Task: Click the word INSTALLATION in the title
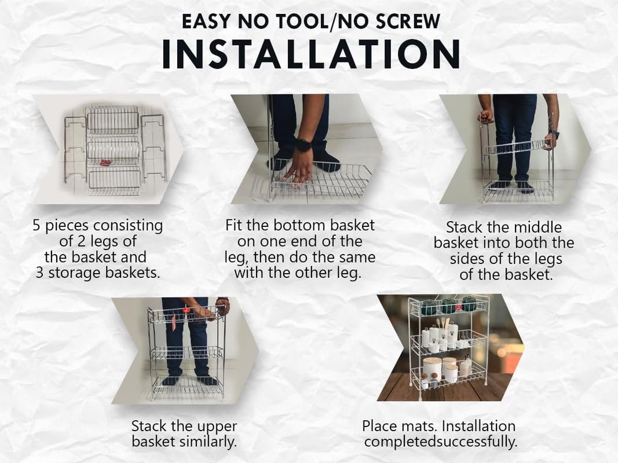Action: click(x=311, y=54)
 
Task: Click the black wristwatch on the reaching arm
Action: click(x=303, y=145)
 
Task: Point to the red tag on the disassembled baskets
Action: click(x=105, y=163)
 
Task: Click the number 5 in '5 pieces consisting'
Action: click(x=36, y=226)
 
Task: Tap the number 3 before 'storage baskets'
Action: click(x=39, y=273)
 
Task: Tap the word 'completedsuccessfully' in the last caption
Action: click(x=441, y=442)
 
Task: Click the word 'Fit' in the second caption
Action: click(x=233, y=225)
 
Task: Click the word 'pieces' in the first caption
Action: click(x=67, y=226)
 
